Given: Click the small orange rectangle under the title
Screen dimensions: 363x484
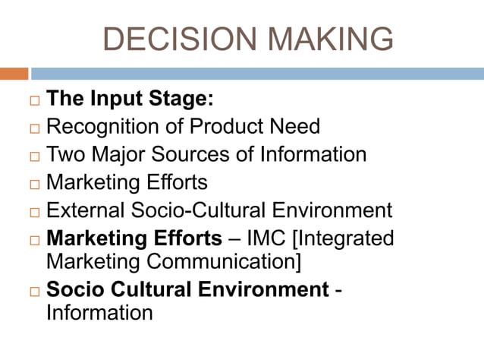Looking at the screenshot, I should click(14, 74).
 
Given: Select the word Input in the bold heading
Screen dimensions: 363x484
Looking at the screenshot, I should click(118, 99).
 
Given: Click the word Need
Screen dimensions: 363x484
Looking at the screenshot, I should click(297, 127).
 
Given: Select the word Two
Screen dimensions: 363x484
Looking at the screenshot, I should click(64, 155).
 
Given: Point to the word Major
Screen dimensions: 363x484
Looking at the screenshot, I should click(118, 155).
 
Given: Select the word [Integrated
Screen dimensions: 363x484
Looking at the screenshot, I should click(346, 238).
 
